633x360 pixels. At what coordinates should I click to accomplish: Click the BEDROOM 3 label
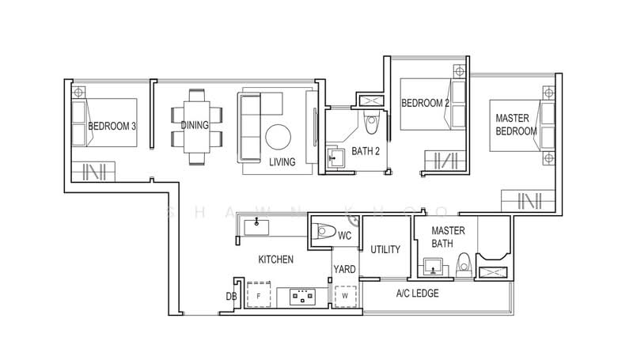112,126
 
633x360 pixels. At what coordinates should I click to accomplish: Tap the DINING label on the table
195,126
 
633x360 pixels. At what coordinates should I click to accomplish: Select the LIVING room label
282,162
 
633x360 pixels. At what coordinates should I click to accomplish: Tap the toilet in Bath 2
370,121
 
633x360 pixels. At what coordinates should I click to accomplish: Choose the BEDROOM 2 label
425,103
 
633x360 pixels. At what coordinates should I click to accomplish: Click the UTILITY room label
385,249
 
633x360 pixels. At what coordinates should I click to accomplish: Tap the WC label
345,236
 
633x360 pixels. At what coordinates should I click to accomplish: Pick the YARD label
344,269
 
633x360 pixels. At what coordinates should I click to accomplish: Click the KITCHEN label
276,260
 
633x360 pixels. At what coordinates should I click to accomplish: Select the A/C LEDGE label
417,294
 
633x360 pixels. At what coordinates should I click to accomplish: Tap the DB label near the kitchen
231,297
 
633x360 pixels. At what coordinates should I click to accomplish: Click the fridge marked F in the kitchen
260,296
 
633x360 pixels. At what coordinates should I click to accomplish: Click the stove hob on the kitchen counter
302,297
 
